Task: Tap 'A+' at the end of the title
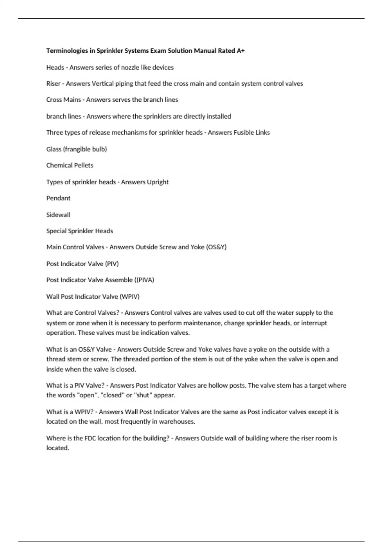(x=241, y=51)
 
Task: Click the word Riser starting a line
(x=53, y=84)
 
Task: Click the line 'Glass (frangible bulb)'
(x=77, y=149)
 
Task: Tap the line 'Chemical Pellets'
(x=70, y=165)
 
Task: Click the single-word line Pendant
(x=58, y=198)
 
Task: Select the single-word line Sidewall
(x=58, y=215)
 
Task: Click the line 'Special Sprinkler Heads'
(x=79, y=231)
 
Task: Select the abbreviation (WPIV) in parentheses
(x=130, y=297)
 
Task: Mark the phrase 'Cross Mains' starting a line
(x=64, y=100)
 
